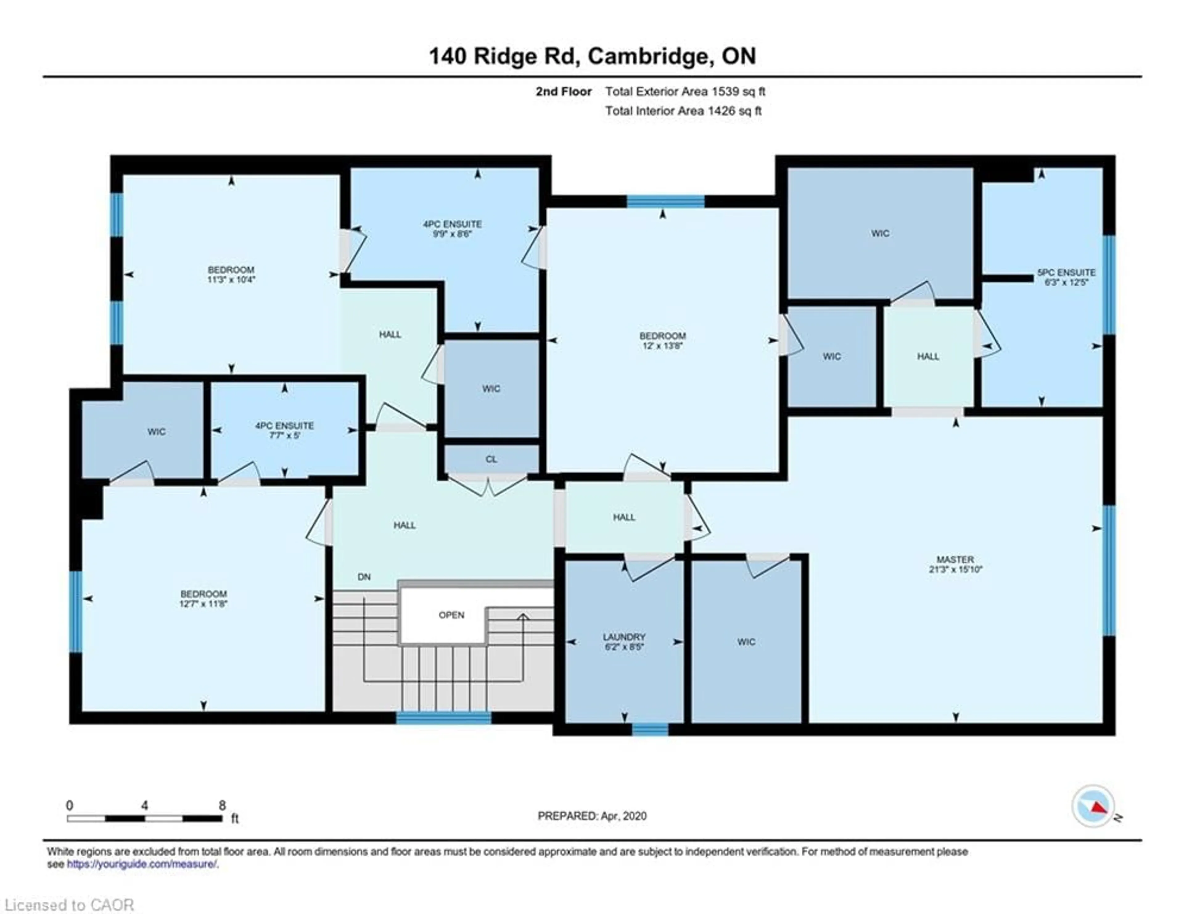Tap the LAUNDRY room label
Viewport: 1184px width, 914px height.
coord(624,637)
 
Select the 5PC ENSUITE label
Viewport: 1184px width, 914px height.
coord(1066,273)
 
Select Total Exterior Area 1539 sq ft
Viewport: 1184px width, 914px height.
coord(685,92)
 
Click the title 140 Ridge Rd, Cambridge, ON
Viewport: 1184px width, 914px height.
coord(592,56)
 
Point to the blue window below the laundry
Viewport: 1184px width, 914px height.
coord(650,730)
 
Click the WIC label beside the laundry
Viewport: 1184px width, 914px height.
coord(746,642)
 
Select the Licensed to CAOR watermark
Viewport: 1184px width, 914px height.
coord(69,905)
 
